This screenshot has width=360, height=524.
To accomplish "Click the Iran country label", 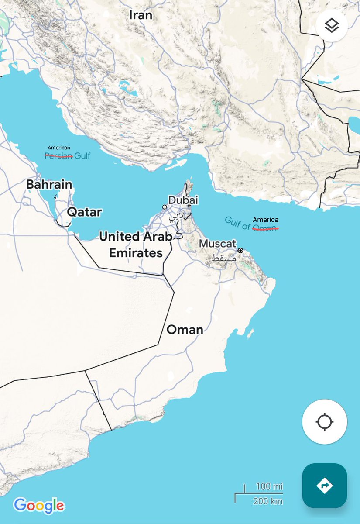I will [x=141, y=15].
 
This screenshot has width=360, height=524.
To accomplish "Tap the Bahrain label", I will [x=49, y=185].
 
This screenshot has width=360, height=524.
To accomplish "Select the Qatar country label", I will [x=84, y=213].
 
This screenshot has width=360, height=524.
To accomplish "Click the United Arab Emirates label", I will [x=136, y=245].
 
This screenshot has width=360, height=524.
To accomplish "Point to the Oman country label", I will [x=185, y=330].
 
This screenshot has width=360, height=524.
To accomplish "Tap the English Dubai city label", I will [x=183, y=200].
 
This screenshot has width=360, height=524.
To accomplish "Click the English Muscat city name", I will [x=217, y=244].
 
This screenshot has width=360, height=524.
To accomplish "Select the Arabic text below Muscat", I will [x=224, y=258].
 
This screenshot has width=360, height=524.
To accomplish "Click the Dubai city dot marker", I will [x=165, y=207].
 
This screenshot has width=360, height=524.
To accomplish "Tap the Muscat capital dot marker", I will [x=240, y=251].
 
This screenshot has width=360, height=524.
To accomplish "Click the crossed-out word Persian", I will [x=58, y=155].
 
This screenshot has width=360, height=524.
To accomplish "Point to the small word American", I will [x=58, y=148].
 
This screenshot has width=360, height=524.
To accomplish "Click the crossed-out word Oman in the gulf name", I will [x=265, y=228].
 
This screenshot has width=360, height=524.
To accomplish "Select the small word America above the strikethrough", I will [x=265, y=220].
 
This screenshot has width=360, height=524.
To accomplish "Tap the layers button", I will [x=332, y=26].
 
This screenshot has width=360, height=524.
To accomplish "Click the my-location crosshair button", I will [x=324, y=422].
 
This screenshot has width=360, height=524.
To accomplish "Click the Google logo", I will [x=39, y=506].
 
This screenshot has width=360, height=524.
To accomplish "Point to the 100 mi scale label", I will [x=269, y=486].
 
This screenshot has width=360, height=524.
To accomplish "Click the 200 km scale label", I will [x=268, y=501].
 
